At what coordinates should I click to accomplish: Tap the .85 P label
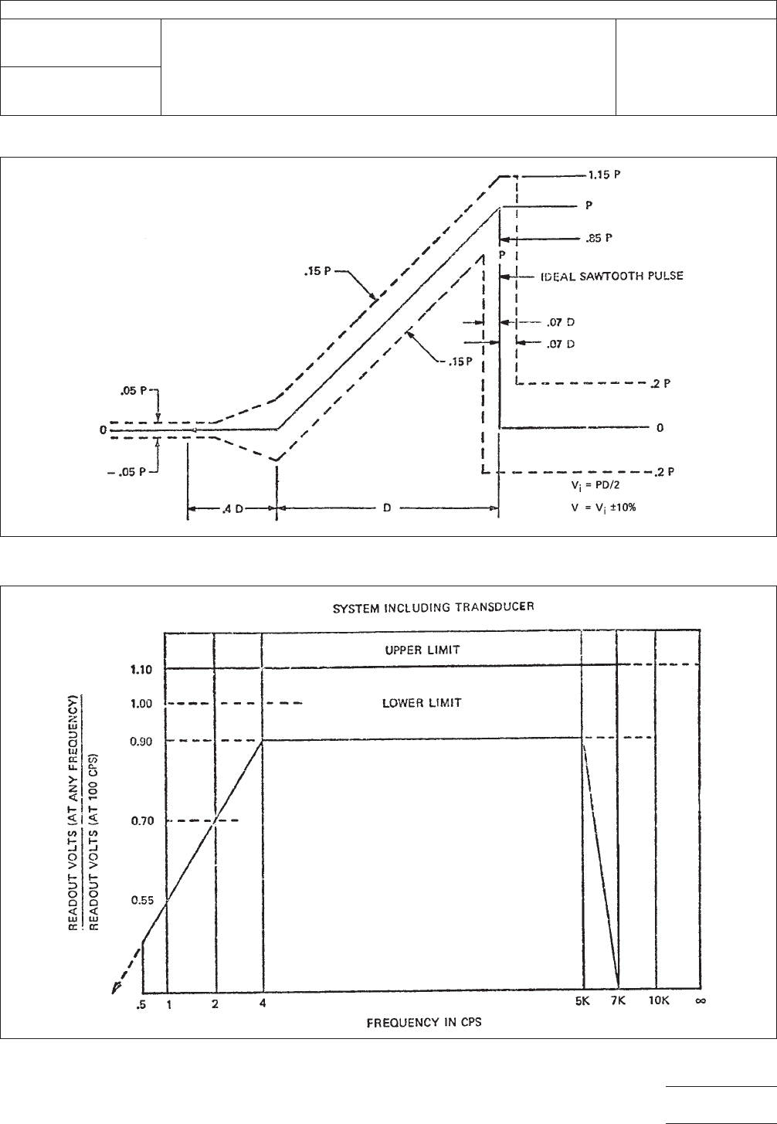point(600,238)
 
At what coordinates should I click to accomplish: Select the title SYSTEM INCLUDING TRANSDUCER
point(433,607)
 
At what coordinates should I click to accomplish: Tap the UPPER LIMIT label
point(422,650)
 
